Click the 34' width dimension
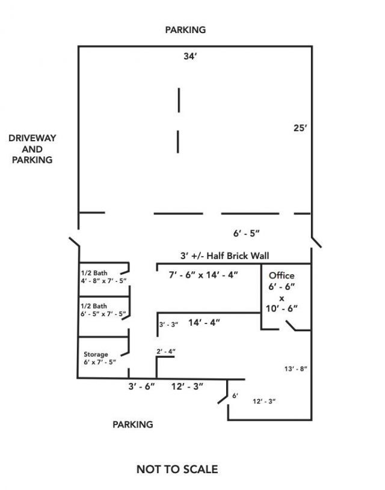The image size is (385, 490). pyautogui.click(x=191, y=57)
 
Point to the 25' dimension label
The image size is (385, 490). pyautogui.click(x=300, y=128)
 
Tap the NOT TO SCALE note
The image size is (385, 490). pyautogui.click(x=177, y=469)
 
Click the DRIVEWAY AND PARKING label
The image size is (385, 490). pyautogui.click(x=32, y=149)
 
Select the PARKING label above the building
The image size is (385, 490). pyautogui.click(x=185, y=29)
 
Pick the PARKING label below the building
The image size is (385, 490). pyautogui.click(x=133, y=424)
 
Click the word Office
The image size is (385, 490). pyautogui.click(x=282, y=275)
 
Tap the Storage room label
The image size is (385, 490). pyautogui.click(x=96, y=354)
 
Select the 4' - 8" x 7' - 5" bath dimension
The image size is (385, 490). pyautogui.click(x=104, y=281)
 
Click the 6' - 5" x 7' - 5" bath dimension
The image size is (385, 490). pyautogui.click(x=103, y=314)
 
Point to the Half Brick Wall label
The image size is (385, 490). pyautogui.click(x=238, y=256)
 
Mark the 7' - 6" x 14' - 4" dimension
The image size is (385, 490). pyautogui.click(x=203, y=275)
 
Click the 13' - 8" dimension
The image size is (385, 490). pyautogui.click(x=295, y=369)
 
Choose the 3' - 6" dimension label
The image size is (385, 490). pyautogui.click(x=142, y=387)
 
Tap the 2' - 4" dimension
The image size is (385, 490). pyautogui.click(x=166, y=351)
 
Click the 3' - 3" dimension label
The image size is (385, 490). pyautogui.click(x=168, y=325)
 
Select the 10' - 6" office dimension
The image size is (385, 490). pyautogui.click(x=282, y=308)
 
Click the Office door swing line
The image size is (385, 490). pyautogui.click(x=291, y=326)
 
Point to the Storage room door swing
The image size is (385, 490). pyautogui.click(x=125, y=354)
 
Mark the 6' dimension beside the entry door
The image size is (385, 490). pyautogui.click(x=235, y=396)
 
